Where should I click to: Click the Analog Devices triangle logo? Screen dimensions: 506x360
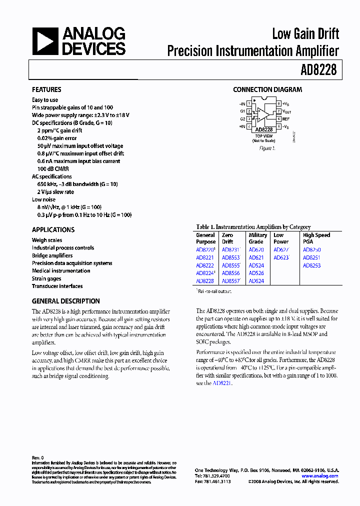click(x=45, y=41)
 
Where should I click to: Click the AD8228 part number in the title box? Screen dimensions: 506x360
click(x=318, y=70)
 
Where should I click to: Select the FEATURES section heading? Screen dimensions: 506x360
click(x=46, y=89)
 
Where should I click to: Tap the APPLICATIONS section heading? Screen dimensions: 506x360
click(x=53, y=229)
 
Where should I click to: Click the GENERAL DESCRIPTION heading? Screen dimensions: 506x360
click(x=65, y=301)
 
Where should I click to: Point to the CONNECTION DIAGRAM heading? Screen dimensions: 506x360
click(x=267, y=89)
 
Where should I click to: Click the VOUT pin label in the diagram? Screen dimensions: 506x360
click(x=286, y=111)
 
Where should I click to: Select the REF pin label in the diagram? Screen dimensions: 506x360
click(x=286, y=119)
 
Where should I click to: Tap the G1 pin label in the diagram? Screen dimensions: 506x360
click(x=242, y=111)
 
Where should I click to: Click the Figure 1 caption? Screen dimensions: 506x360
click(x=267, y=148)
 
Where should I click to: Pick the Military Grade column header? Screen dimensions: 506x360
click(x=257, y=238)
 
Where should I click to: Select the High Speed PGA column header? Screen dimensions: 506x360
click(x=316, y=238)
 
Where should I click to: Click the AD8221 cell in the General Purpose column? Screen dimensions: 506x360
click(x=205, y=258)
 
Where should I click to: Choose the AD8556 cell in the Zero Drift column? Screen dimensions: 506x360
click(x=230, y=273)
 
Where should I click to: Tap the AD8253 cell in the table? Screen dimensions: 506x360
click(x=311, y=265)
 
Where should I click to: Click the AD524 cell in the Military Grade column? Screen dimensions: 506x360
click(x=256, y=265)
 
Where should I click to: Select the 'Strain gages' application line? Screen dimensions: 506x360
click(x=46, y=278)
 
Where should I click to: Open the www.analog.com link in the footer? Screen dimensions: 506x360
click(x=320, y=476)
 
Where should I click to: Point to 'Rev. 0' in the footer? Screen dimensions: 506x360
click(x=38, y=457)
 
